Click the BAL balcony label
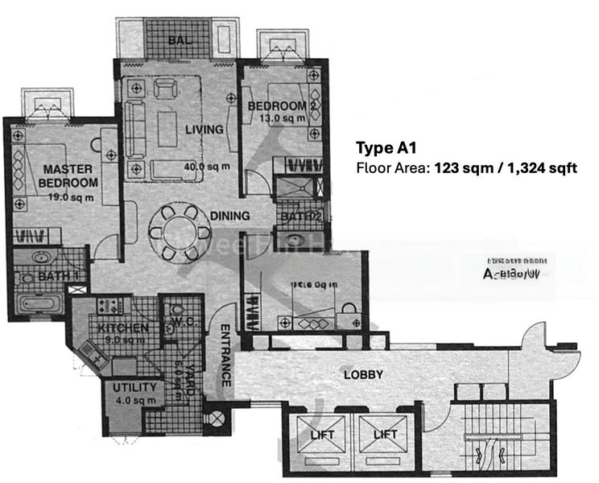click(x=178, y=41)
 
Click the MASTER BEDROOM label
click(x=69, y=176)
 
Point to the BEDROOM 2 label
click(x=276, y=106)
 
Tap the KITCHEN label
click(x=122, y=328)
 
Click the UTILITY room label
click(x=132, y=387)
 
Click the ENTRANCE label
click(x=227, y=355)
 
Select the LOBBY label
click(x=363, y=375)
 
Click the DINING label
click(x=230, y=216)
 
